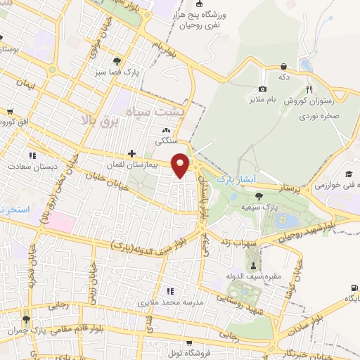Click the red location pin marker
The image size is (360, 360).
(x=181, y=165)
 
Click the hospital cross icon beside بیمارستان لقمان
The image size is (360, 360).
(x=131, y=153)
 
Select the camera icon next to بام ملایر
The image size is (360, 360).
(x=262, y=89)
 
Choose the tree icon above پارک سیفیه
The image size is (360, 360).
(x=259, y=195)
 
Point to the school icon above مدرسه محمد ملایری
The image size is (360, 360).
(x=169, y=290)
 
